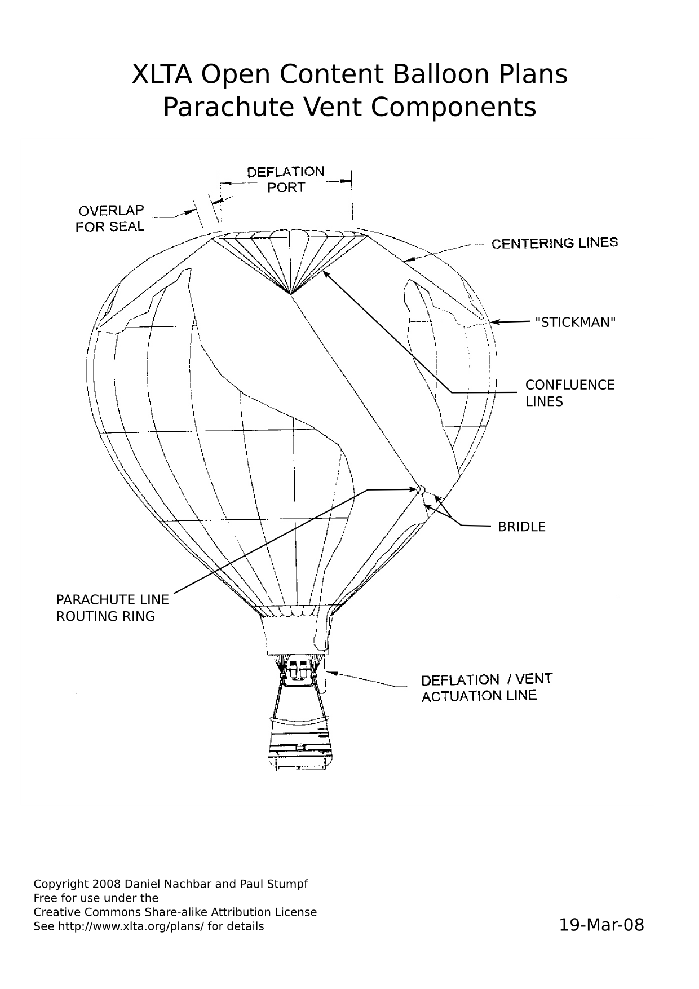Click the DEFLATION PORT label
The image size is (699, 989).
pos(286,179)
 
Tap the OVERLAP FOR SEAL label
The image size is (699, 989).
pos(110,218)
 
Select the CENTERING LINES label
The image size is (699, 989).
pos(555,243)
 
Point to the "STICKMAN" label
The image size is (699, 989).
pos(575,322)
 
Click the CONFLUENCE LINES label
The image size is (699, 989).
pos(570,393)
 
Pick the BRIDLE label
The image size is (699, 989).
pos(521,527)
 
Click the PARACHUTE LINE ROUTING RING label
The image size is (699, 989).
pos(112,608)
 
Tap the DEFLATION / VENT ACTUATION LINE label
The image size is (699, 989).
pos(487,687)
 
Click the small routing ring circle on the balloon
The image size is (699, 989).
pos(420,489)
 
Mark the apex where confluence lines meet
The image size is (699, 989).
pos(290,294)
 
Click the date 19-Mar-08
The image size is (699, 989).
pos(601,925)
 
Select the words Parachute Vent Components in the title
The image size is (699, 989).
pos(349,107)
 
